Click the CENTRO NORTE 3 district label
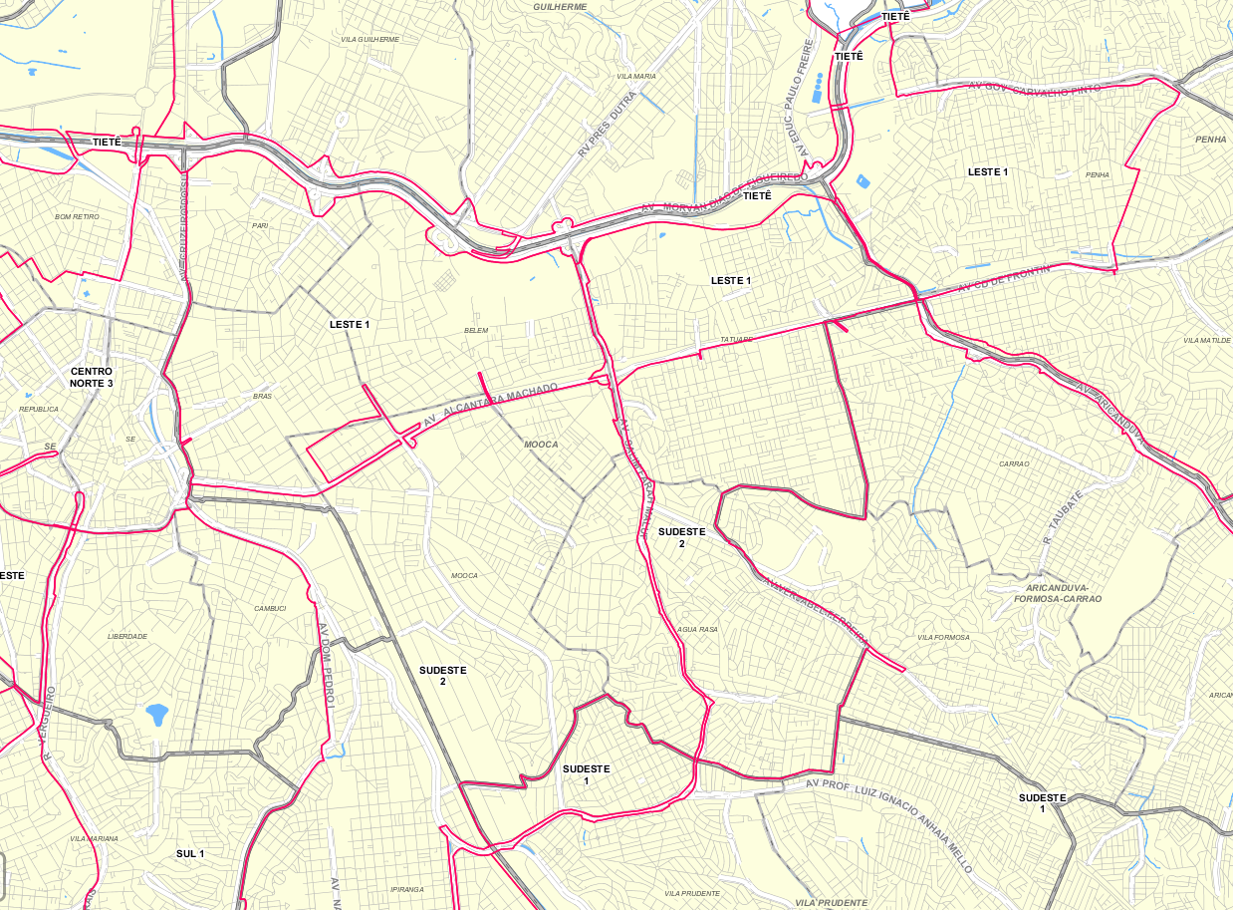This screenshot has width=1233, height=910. (x=92, y=377)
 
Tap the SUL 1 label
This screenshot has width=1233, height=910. (x=190, y=853)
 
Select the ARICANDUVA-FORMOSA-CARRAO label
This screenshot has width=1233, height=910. (x=1057, y=593)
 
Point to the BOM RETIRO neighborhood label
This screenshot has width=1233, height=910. (x=77, y=216)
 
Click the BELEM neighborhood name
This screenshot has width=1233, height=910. (x=476, y=331)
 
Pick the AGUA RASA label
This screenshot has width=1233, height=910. (x=697, y=630)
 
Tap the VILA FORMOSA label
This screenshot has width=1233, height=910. (x=943, y=637)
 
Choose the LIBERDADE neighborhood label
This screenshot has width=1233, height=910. (x=127, y=636)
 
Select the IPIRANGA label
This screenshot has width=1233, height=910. (x=407, y=889)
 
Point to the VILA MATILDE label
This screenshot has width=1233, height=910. (x=1207, y=340)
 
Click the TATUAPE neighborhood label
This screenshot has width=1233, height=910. (x=737, y=339)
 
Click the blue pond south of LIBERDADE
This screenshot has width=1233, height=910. (x=156, y=714)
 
